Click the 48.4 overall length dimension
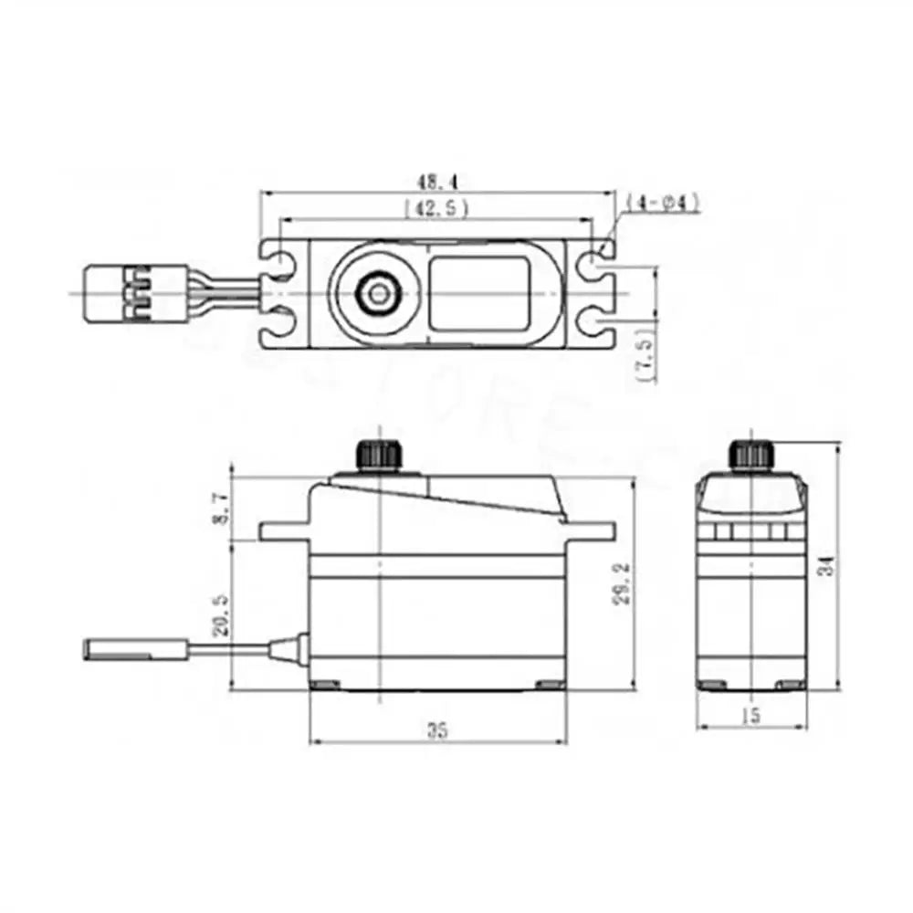coord(436,181)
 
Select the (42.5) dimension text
coord(436,209)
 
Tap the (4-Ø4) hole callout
coord(664,202)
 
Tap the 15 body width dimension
coord(750,717)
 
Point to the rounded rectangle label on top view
coord(477,293)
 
